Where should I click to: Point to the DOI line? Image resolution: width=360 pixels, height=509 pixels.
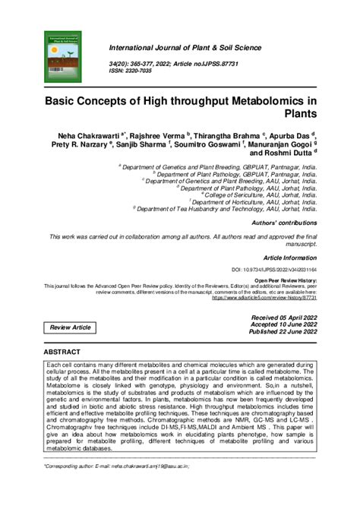(273, 270)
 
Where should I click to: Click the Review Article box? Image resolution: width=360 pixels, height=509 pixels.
(70, 327)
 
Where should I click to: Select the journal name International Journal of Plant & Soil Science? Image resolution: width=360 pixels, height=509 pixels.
(195, 49)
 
